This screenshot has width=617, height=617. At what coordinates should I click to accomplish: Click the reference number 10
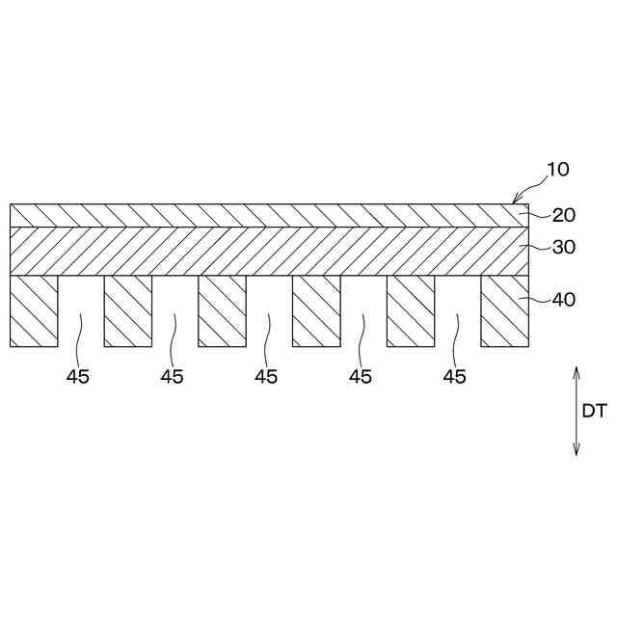(x=558, y=170)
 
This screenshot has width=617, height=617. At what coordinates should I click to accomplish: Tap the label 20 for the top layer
(x=564, y=216)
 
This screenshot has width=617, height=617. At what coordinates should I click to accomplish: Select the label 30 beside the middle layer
(x=564, y=248)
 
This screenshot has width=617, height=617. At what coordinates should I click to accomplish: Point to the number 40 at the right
(x=564, y=300)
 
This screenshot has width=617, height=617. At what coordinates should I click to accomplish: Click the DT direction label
(x=594, y=411)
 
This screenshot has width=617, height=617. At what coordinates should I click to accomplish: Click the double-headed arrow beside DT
(x=577, y=411)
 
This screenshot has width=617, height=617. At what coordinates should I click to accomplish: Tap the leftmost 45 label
(x=78, y=377)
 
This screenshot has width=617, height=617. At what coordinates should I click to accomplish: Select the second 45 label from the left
(x=172, y=377)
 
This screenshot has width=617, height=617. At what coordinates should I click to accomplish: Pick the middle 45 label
(x=266, y=377)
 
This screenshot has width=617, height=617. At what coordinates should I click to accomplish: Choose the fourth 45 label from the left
(x=361, y=377)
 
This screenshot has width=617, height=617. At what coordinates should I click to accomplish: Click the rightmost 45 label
(x=454, y=377)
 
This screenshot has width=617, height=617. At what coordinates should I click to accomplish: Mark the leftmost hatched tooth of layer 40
(x=34, y=310)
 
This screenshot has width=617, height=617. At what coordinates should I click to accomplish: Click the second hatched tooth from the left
(x=128, y=310)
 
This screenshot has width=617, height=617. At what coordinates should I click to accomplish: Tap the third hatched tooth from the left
(x=222, y=310)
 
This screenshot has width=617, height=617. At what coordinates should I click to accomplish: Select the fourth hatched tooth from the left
(x=316, y=310)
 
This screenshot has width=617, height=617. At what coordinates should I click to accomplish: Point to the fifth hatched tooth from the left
(x=411, y=310)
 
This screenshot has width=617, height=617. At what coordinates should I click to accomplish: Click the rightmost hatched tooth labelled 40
(x=505, y=310)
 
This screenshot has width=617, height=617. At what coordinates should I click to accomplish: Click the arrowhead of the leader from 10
(x=515, y=200)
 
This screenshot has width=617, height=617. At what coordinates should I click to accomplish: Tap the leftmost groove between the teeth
(x=81, y=310)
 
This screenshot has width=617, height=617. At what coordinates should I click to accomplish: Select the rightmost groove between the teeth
(x=458, y=310)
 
